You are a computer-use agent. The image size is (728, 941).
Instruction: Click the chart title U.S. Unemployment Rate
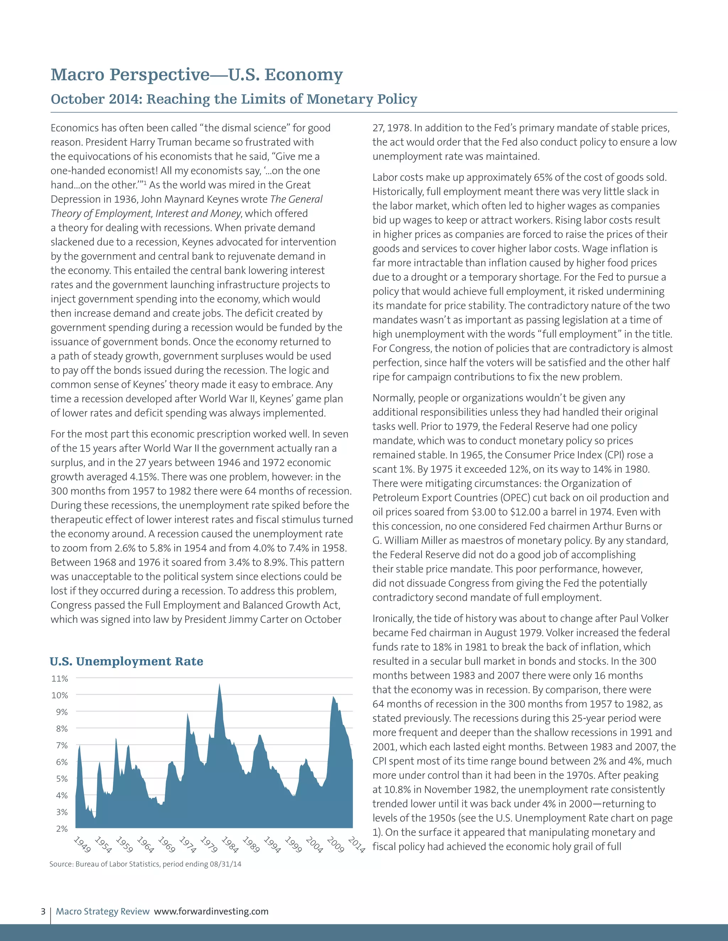(x=126, y=662)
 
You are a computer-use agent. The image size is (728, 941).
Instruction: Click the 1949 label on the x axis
(x=82, y=844)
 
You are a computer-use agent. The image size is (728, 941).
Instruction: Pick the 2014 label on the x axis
(x=357, y=844)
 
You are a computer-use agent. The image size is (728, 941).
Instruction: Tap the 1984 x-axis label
(x=230, y=844)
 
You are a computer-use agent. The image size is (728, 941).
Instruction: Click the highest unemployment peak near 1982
(x=220, y=685)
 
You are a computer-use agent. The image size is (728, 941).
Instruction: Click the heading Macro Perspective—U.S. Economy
(x=197, y=75)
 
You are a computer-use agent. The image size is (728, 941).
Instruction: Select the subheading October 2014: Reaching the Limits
(x=234, y=99)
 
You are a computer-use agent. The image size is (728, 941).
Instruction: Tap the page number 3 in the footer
(x=43, y=911)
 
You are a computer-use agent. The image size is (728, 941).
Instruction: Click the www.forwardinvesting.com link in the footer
(x=211, y=911)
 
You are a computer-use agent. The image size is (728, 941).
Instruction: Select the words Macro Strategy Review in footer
(x=103, y=911)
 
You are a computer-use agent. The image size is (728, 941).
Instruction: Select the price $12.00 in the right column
(x=514, y=512)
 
